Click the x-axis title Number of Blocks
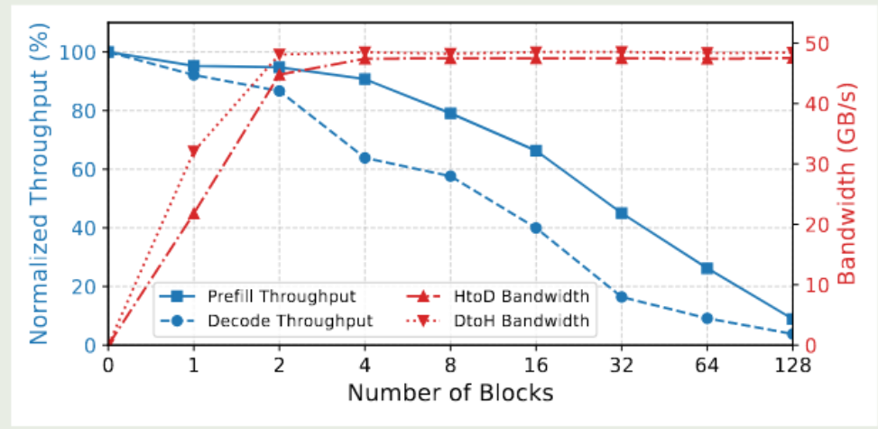[x=450, y=393]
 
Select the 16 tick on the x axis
[x=536, y=366]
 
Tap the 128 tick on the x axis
[x=792, y=366]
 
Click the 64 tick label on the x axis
[x=707, y=366]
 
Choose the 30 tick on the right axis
[x=813, y=164]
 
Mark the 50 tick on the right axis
[x=813, y=43]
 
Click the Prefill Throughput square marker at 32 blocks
[x=622, y=213]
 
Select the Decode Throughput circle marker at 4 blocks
[x=365, y=158]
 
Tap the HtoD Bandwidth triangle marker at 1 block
[x=193, y=214]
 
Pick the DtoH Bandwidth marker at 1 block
[x=193, y=151]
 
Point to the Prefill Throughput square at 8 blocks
[x=450, y=114]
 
